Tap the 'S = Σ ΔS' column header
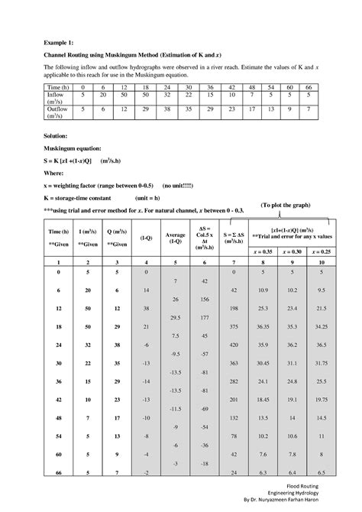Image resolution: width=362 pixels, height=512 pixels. pyautogui.click(x=232, y=233)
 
